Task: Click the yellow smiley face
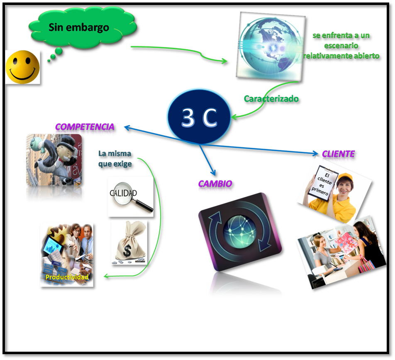tap(22, 67)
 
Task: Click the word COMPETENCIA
tap(85, 127)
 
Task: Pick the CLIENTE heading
tap(339, 154)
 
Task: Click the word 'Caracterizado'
tap(271, 100)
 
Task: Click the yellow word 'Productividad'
tap(67, 277)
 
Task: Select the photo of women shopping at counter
tap(339, 254)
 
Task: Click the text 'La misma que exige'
tap(115, 159)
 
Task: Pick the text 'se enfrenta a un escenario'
tap(341, 41)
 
